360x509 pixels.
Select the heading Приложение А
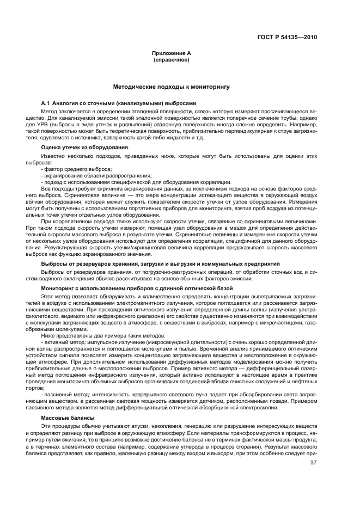tap(171, 53)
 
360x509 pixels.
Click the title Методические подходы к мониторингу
tap(171, 87)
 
